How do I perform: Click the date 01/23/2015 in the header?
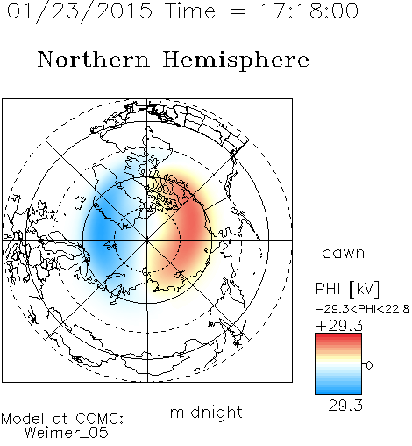click(x=80, y=11)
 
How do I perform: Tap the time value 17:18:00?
click(x=309, y=11)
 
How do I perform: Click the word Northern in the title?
click(x=94, y=59)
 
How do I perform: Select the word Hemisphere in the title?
click(x=236, y=61)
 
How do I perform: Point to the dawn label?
click(x=344, y=253)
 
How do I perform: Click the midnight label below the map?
click(x=206, y=412)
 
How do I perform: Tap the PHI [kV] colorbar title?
click(x=347, y=289)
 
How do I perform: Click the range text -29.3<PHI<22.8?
click(x=363, y=309)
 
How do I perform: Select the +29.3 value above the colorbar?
click(x=339, y=326)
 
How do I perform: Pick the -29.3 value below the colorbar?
click(x=339, y=406)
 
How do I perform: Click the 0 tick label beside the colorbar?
click(x=369, y=365)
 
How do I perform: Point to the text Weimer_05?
click(x=67, y=433)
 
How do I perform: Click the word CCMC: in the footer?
click(x=100, y=419)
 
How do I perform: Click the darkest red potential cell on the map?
click(x=191, y=225)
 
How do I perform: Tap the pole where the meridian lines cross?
click(x=147, y=240)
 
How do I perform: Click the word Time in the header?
click(x=190, y=11)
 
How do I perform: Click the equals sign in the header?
click(x=238, y=11)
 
